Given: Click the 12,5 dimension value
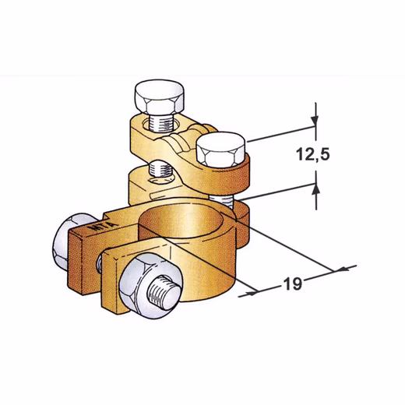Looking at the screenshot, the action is pos(313,154).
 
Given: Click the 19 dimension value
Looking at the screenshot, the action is pos(293,283).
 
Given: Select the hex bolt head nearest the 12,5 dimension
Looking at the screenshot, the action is pos(220,150).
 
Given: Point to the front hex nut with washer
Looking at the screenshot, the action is pos(151,286).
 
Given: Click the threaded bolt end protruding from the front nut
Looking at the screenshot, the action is pos(164,292).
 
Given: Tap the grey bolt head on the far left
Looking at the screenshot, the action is pos(68,242).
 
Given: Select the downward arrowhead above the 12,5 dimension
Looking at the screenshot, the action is pos(315,121).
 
